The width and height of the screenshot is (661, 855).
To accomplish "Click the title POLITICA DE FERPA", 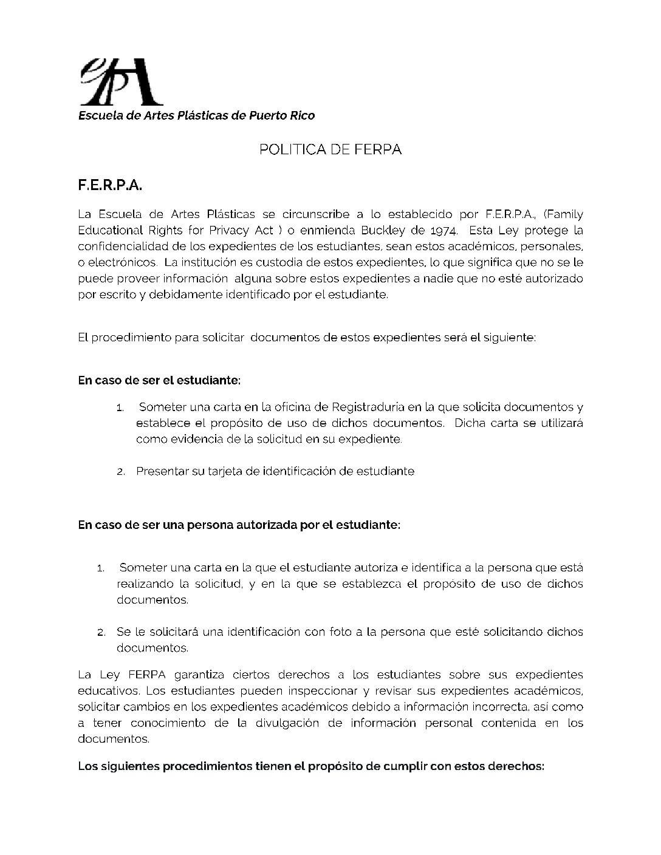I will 330,149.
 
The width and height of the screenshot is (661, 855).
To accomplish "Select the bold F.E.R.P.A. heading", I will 110,185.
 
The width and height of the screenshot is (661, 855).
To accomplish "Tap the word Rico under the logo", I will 302,115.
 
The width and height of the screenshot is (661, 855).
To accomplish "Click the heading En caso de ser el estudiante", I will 159,380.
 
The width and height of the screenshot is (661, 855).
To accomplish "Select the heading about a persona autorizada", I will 239,525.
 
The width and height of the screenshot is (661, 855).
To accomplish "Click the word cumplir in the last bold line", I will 405,766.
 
